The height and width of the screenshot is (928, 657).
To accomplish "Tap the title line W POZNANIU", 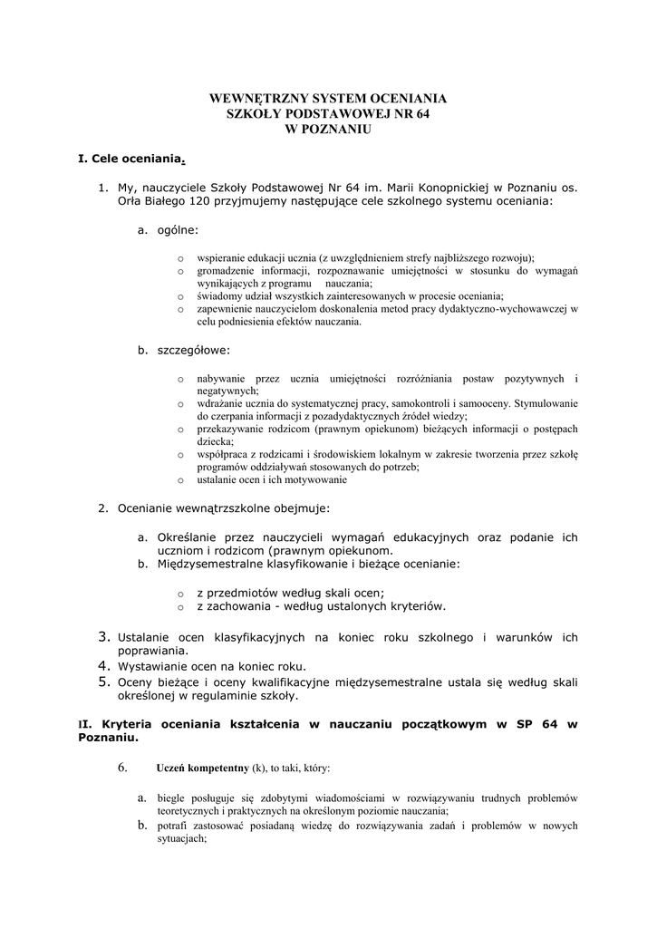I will tap(328, 130).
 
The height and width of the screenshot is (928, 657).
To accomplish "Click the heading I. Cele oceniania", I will tap(130, 159).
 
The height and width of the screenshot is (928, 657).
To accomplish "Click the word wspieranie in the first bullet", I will tap(221, 257).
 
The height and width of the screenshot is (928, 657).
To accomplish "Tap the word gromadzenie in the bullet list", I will tap(227, 270).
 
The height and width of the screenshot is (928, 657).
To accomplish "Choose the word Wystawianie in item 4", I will tap(152, 665).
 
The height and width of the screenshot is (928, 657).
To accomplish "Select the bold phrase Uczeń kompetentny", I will tap(204, 768).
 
